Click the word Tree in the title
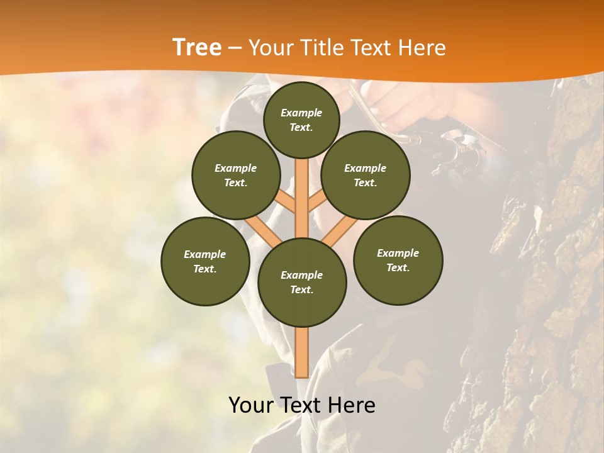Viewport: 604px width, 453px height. (197, 47)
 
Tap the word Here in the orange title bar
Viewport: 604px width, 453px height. (422, 47)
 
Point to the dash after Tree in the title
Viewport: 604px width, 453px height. (235, 48)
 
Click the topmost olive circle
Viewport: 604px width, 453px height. (301, 120)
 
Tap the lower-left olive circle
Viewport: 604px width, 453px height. (204, 261)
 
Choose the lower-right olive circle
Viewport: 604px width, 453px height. (398, 260)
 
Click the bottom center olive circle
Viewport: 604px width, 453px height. (301, 282)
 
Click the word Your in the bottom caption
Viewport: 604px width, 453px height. (251, 405)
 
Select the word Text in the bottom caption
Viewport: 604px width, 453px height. (303, 405)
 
